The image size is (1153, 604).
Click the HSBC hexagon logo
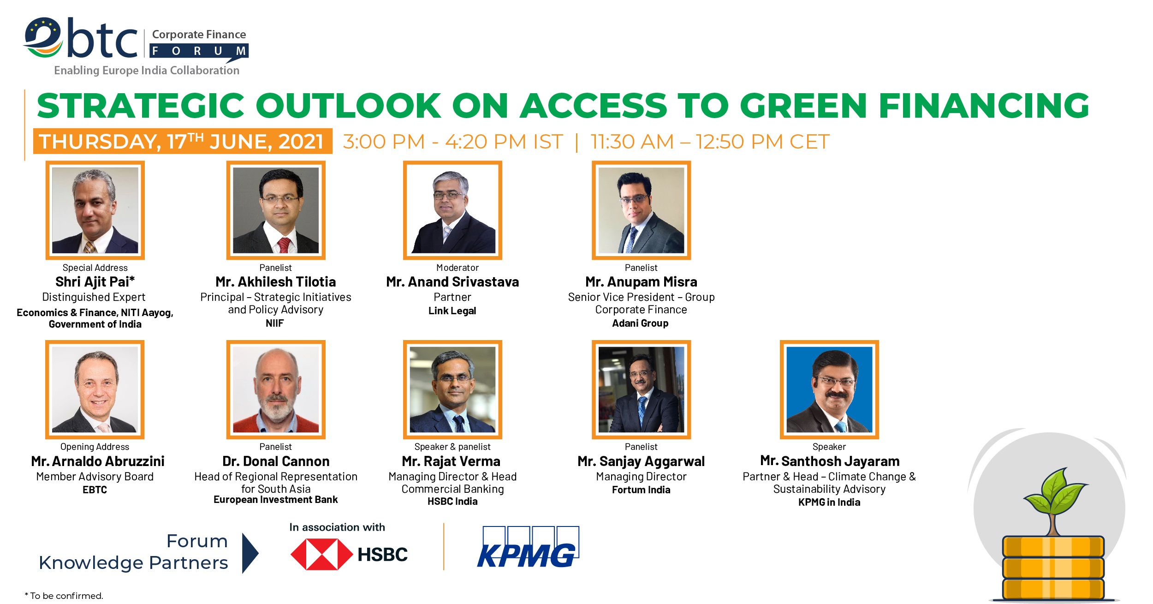point(321,554)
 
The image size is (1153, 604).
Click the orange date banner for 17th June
point(183,141)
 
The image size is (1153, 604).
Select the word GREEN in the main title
point(803,106)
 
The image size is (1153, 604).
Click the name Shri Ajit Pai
point(95,281)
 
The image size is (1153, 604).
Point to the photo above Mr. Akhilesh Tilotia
point(276,210)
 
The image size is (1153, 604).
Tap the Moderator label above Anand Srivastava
point(458,268)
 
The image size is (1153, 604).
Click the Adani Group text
point(640,323)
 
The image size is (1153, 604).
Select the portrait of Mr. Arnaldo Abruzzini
point(95,389)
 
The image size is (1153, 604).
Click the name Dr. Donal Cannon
point(276,461)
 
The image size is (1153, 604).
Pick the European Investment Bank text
point(276,500)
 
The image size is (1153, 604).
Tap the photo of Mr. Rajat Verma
point(452,389)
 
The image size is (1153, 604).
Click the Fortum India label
point(641,490)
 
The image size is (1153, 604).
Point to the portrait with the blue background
point(829,389)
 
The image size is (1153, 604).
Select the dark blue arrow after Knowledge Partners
point(250,553)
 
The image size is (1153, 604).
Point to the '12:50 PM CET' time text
point(763,141)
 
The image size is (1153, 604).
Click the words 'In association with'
point(337,527)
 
